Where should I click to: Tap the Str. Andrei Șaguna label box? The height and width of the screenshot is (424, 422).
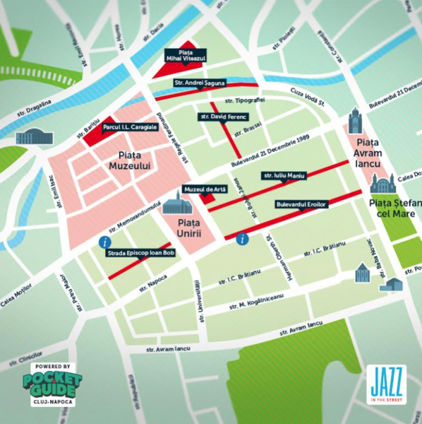pos(198,83)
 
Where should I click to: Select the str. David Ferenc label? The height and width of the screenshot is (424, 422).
pos(223,116)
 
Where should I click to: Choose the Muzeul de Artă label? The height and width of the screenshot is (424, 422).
pos(200,189)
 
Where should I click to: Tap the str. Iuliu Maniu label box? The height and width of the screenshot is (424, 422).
pos(284,175)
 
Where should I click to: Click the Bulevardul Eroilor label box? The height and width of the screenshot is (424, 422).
pos(302,204)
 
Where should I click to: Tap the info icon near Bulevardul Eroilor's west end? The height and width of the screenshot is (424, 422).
pos(243,239)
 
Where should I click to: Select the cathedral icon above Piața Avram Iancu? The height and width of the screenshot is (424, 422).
pos(354,121)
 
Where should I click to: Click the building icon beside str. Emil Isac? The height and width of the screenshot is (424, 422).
pos(30,136)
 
